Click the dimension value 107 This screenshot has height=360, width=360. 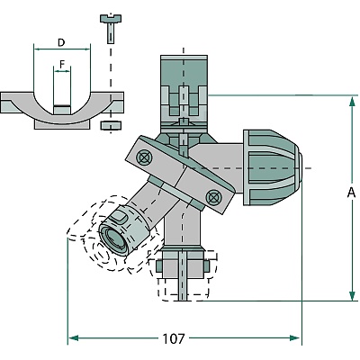click(174, 338)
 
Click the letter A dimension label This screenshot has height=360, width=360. click(351, 193)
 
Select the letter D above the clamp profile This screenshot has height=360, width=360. click(61, 42)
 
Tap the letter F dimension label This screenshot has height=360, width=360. click(62, 64)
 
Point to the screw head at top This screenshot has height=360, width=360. click(111, 18)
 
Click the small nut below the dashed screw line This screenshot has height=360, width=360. click(112, 125)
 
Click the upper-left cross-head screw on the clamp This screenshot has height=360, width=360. click(143, 157)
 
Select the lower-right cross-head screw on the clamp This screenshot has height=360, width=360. click(213, 197)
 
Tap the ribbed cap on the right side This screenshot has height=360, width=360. click(272, 167)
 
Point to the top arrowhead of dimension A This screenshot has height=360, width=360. click(353, 102)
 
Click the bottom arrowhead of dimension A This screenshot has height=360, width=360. click(353, 294)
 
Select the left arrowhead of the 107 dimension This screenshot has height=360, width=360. click(74, 338)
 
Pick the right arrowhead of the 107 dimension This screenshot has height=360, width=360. click(294, 338)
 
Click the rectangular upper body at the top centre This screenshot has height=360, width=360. click(184, 94)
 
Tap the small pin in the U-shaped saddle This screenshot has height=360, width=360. click(62, 110)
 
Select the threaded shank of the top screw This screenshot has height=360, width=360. click(111, 33)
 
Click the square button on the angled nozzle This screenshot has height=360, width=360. click(118, 217)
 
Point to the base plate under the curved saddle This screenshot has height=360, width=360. click(62, 124)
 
